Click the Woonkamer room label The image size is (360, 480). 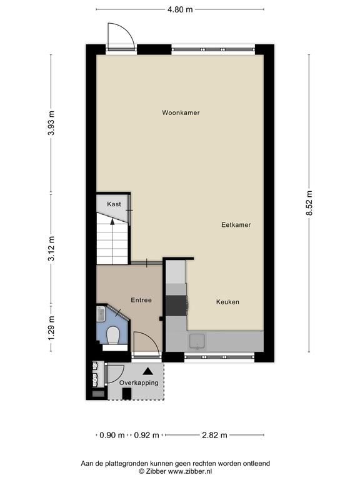click(181, 112)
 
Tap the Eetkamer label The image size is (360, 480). click(236, 225)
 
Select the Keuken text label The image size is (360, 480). click(227, 302)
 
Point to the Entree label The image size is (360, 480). click(141, 300)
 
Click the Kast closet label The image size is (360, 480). click(114, 204)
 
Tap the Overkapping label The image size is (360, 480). click(139, 382)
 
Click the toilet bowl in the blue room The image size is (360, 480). click(114, 335)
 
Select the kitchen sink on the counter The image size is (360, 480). click(197, 342)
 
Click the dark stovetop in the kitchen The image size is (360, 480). click(176, 305)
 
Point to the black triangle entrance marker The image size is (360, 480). click(148, 371)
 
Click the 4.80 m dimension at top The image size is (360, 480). click(180, 9)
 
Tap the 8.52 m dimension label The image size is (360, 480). click(309, 203)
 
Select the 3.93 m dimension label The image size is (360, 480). click(51, 122)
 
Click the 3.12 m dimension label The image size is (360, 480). click(51, 248)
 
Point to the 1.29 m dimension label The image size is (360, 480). click(51, 328)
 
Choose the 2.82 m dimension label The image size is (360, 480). click(214, 435)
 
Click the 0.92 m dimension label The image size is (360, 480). click(146, 435)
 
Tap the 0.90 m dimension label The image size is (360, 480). click(112, 435)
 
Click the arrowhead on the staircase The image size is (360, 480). click(112, 222)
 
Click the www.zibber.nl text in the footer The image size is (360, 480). click(190, 472)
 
